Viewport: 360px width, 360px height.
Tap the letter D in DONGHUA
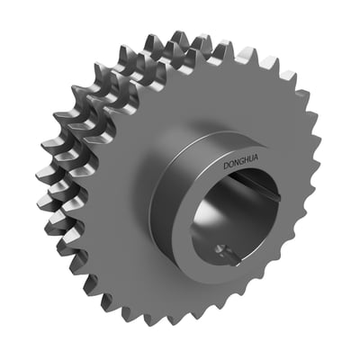coord(226,166)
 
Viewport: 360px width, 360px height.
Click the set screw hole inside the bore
coord(220,249)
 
